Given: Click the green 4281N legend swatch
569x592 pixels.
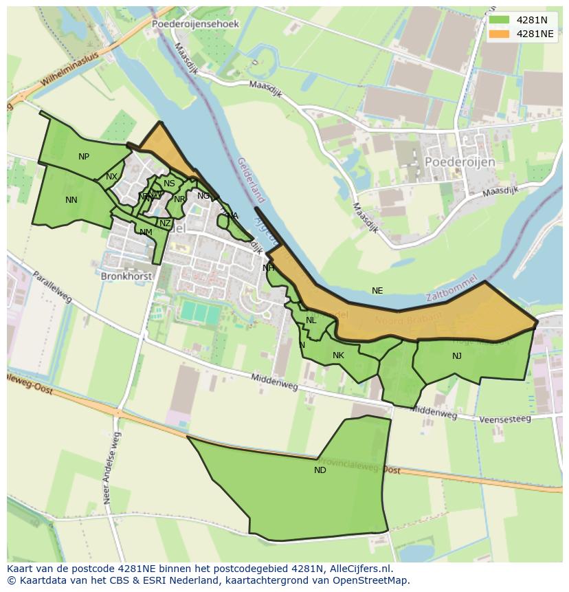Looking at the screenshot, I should (x=500, y=19).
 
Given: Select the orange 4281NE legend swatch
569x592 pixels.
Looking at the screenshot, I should (x=500, y=34).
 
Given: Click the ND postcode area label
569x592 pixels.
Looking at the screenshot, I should (x=320, y=470).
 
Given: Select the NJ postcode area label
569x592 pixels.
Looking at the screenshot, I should (x=457, y=356).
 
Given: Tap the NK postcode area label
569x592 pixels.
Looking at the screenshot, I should (x=338, y=355).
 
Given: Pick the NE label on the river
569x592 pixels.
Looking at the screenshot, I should (x=377, y=291).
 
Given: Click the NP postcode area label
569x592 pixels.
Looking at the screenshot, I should (x=84, y=157).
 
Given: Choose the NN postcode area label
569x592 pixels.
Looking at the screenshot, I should (x=71, y=200).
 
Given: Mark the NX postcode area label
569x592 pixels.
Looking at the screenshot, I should (x=111, y=177).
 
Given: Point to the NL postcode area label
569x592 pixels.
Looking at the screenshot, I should (x=311, y=320).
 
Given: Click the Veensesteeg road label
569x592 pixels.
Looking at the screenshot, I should (x=505, y=419).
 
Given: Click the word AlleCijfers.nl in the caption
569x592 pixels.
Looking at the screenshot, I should (x=368, y=569).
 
